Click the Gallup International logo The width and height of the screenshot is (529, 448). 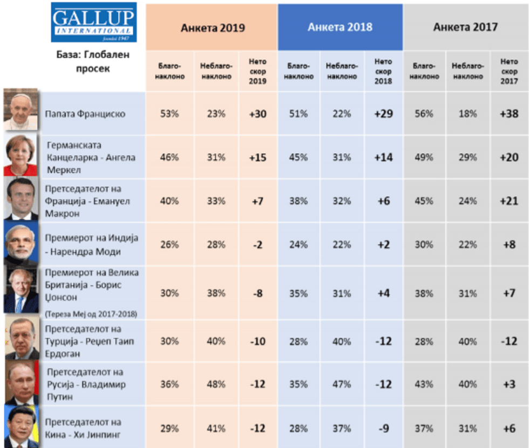(94, 22)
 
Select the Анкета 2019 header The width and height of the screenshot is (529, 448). (212, 28)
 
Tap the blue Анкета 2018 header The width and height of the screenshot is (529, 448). (340, 27)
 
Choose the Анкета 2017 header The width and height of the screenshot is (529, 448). (465, 27)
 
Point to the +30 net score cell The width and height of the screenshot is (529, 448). (258, 114)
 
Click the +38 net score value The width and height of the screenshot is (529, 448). (508, 114)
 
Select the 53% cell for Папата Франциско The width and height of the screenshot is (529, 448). (171, 114)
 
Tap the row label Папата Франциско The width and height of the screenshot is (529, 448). (86, 114)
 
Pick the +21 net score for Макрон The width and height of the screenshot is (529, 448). (508, 201)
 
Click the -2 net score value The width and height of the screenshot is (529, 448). (258, 245)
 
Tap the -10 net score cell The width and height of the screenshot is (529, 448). (258, 341)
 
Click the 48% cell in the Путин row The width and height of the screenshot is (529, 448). (216, 384)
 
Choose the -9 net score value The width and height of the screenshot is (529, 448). (383, 428)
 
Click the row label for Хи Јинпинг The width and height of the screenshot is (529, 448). (84, 428)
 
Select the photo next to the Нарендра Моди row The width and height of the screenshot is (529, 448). (21, 243)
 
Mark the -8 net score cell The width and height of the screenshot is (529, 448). (258, 294)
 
